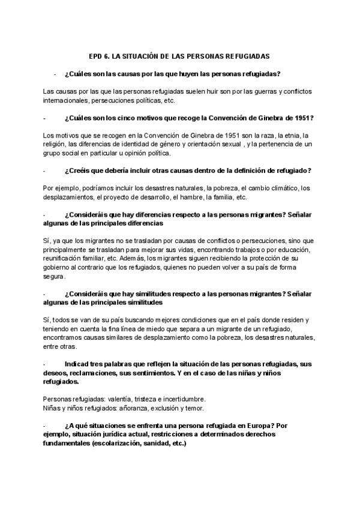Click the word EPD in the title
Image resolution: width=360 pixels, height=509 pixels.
pyautogui.click(x=95, y=56)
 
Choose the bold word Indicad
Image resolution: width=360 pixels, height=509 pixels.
pyautogui.click(x=79, y=364)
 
